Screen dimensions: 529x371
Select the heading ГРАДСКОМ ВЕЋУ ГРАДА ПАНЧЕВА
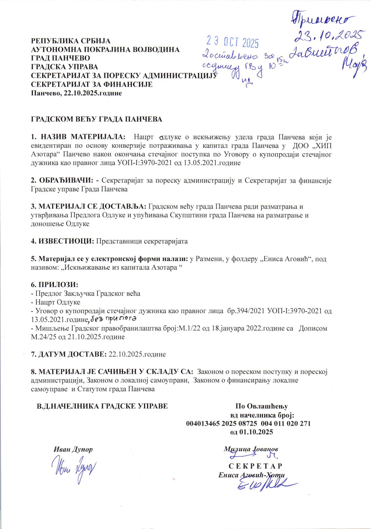tap(97, 119)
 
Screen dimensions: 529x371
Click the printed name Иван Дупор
tap(73, 449)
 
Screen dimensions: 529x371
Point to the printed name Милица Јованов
tap(251, 449)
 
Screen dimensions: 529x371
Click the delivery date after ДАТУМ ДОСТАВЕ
tap(137, 354)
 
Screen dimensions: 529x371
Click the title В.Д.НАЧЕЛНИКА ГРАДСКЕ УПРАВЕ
tap(102, 406)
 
